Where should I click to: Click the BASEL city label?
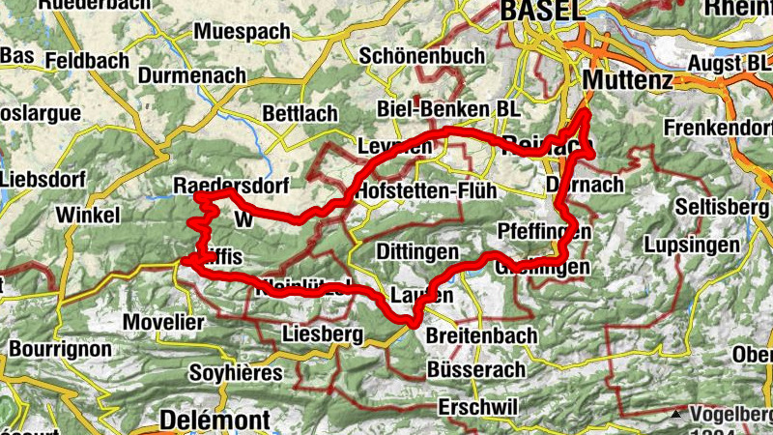pyautogui.click(x=544, y=10)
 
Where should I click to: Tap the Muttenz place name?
pyautogui.click(x=628, y=79)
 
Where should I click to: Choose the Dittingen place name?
pyautogui.click(x=416, y=251)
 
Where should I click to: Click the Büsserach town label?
pyautogui.click(x=475, y=369)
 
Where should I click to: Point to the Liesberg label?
pyautogui.click(x=323, y=334)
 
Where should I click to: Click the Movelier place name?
pyautogui.click(x=164, y=321)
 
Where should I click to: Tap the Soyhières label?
pyautogui.click(x=237, y=372)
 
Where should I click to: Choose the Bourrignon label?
pyautogui.click(x=56, y=347)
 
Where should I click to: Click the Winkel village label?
pyautogui.click(x=88, y=214)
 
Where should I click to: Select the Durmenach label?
pyautogui.click(x=192, y=74)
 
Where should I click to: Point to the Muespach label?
pyautogui.click(x=242, y=32)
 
